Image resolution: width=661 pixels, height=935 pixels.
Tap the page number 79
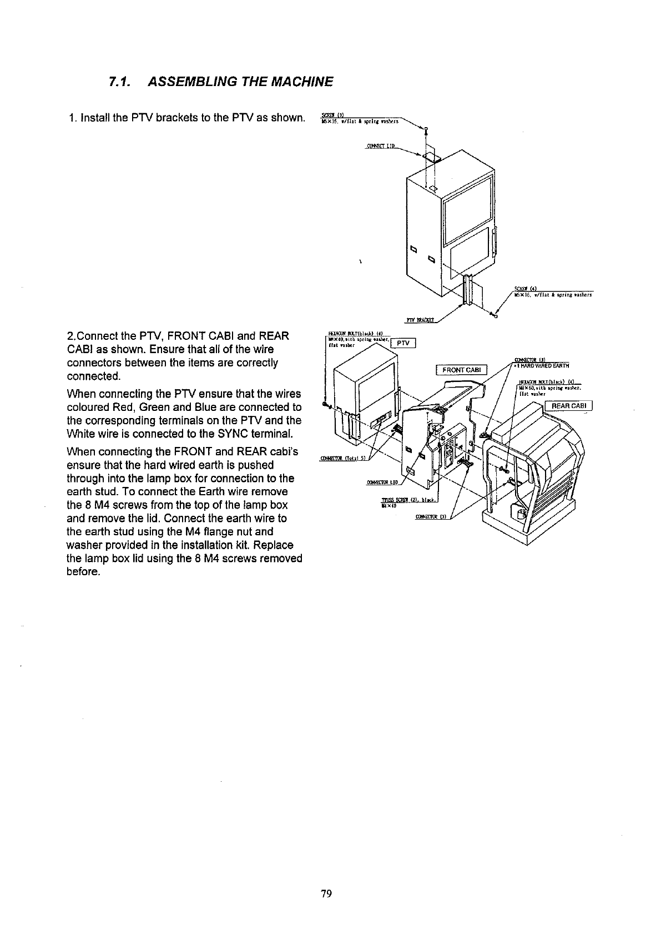coord(326,893)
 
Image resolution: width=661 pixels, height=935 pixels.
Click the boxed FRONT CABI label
coord(461,370)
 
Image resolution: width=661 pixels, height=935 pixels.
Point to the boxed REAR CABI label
coord(569,406)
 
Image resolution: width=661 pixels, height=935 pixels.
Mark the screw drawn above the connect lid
coord(426,131)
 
